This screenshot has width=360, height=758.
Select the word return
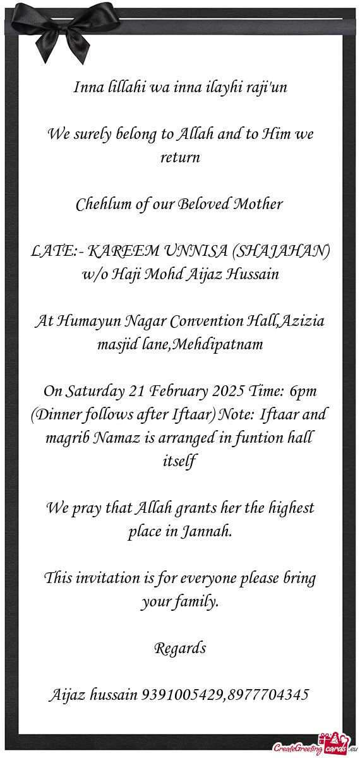180,157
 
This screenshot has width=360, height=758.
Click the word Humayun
87,322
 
